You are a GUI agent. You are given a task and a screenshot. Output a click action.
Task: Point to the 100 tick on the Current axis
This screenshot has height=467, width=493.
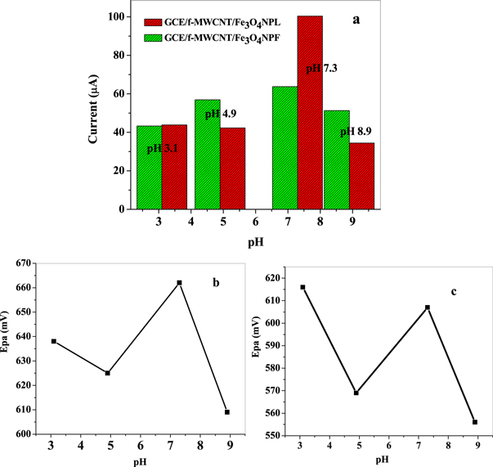(119, 17)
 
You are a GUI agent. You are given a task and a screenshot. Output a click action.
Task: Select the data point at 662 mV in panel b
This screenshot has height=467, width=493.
(179, 282)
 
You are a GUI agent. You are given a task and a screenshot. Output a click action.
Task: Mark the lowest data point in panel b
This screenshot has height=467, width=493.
(227, 412)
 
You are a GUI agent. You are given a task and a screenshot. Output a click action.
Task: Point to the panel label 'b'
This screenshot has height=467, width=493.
(215, 283)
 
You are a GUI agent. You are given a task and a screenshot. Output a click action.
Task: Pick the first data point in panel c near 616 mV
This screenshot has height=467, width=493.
(303, 287)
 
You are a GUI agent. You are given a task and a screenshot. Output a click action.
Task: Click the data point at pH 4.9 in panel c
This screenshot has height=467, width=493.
(356, 393)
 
